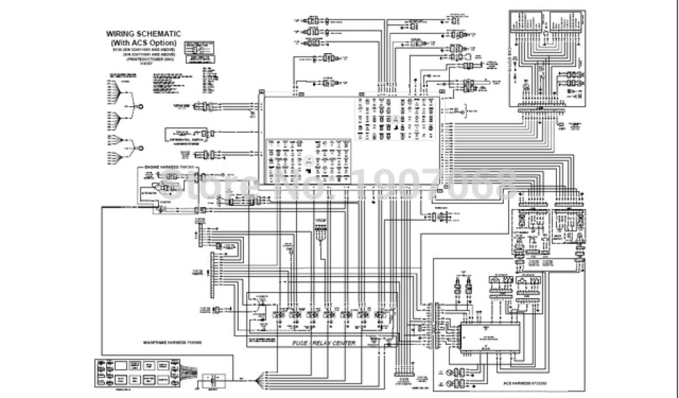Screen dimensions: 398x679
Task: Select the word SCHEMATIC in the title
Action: (161, 33)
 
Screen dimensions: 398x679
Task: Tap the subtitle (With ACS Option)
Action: (144, 42)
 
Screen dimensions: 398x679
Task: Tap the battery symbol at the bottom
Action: (214, 381)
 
